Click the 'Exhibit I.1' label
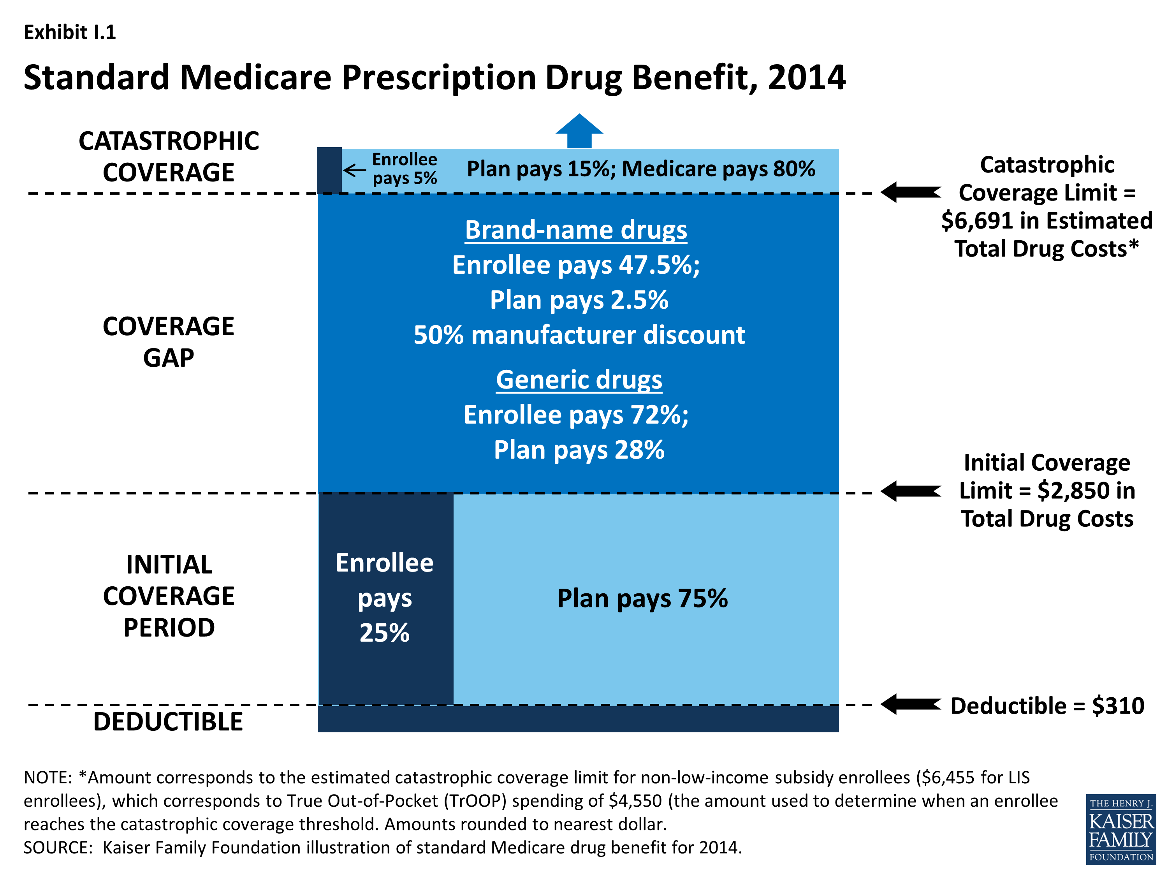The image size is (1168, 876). coord(70,32)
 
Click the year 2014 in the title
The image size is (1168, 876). coord(807,77)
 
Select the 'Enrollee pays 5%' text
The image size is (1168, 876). coord(405,169)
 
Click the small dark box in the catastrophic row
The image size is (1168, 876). coord(329,170)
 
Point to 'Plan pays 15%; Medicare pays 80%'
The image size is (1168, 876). coord(640,169)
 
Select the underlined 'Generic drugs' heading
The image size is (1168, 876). coord(579,380)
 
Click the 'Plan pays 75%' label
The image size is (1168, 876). coord(642,599)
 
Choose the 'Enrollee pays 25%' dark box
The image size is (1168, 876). coord(385,598)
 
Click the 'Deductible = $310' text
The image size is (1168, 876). coord(1047,705)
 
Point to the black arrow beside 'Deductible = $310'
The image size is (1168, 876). coord(910,704)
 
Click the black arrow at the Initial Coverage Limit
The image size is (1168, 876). coord(910,491)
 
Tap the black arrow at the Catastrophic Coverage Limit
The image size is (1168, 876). coord(910,192)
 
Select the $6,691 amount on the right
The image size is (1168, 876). coord(977,221)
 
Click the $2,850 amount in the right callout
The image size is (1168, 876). coord(1073,491)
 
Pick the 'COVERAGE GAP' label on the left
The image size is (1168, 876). coord(169,341)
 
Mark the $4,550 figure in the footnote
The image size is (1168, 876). coord(635,801)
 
